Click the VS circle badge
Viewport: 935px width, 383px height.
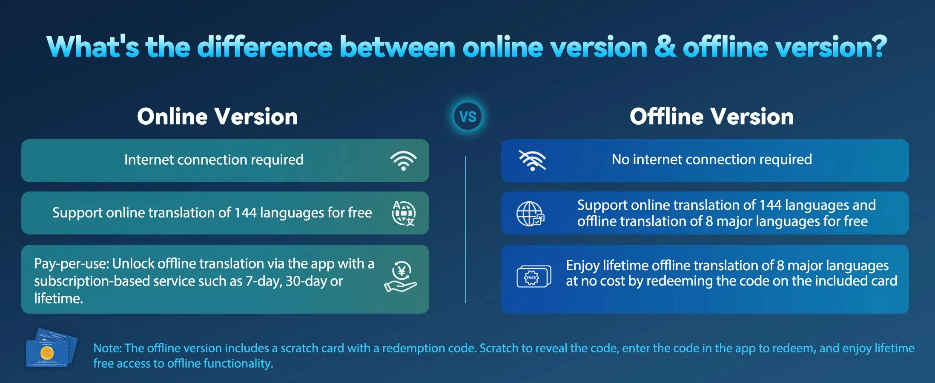point(468,116)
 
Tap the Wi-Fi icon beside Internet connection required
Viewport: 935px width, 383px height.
point(403,161)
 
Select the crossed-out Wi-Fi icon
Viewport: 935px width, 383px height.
point(532,160)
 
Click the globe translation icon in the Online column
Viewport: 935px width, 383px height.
point(403,213)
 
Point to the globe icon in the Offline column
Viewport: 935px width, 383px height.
point(530,214)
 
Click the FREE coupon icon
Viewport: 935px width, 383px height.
point(534,277)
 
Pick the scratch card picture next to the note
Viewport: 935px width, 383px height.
point(52,348)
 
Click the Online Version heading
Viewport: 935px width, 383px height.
point(217,116)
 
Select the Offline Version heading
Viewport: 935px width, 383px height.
point(711,116)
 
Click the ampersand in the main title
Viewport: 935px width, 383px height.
point(665,46)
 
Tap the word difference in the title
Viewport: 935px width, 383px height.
point(264,46)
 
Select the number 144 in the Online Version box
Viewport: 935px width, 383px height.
point(246,212)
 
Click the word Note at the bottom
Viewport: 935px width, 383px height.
point(107,348)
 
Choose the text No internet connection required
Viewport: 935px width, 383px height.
point(711,160)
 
